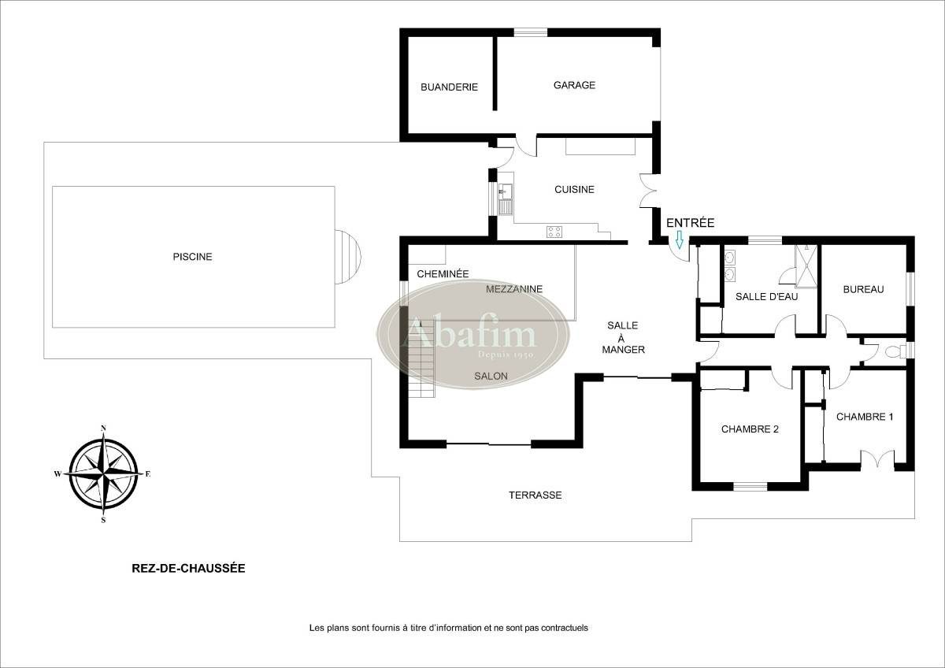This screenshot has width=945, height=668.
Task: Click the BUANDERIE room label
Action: [x=449, y=87]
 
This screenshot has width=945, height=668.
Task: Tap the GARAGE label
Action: [x=574, y=85]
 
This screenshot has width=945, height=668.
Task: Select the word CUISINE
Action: [x=574, y=190]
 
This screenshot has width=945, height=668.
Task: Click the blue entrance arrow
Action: [x=680, y=239]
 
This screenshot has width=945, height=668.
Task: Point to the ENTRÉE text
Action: [x=690, y=223]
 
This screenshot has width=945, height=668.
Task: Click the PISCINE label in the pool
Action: [x=193, y=257]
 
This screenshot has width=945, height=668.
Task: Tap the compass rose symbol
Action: [x=103, y=473]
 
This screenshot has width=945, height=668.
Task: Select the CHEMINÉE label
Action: [x=443, y=274]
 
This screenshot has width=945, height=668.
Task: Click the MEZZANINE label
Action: [x=514, y=289]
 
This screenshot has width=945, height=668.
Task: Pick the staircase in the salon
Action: [x=421, y=358]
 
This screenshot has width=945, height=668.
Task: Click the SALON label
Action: [x=491, y=377]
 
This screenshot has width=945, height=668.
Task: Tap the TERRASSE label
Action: [x=535, y=495]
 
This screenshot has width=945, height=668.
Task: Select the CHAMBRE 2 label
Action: [x=750, y=429]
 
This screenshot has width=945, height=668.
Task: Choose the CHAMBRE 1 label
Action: [x=865, y=417]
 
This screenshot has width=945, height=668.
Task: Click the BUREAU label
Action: [x=863, y=289]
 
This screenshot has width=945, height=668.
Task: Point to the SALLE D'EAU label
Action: [x=766, y=297]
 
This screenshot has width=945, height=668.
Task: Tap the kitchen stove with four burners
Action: [x=554, y=232]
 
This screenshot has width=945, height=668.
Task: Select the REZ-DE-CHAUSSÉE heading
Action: [x=188, y=567]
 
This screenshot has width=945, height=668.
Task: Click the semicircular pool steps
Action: [x=347, y=257]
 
